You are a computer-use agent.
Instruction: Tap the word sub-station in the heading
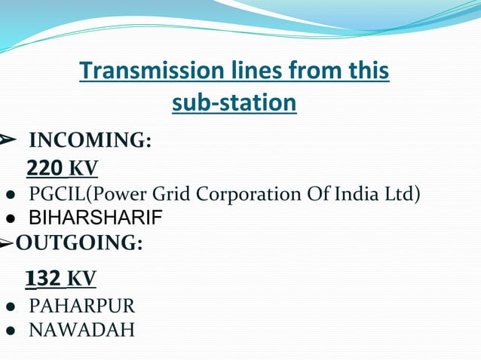(234, 102)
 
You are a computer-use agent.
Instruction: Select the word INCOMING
(89, 141)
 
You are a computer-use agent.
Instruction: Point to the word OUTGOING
(79, 244)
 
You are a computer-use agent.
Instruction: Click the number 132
(43, 279)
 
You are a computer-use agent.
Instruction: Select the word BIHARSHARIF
(95, 219)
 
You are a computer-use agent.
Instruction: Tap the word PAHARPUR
(81, 307)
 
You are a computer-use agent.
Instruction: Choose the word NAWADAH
(81, 330)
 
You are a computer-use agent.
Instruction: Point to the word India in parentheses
(357, 194)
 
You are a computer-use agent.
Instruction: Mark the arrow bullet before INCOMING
(8, 140)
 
